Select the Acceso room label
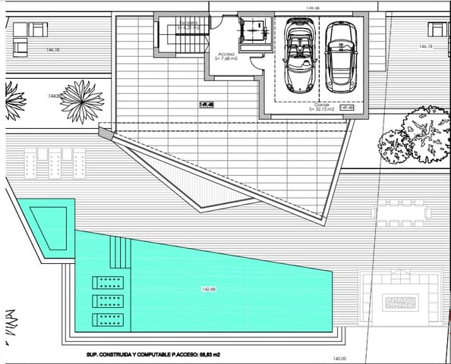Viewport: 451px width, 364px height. (x=226, y=58)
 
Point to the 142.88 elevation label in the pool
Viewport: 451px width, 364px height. (x=210, y=289)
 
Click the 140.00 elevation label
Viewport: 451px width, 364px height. (x=339, y=359)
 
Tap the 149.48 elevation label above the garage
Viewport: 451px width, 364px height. (x=311, y=8)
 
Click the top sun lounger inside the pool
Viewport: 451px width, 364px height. (x=107, y=283)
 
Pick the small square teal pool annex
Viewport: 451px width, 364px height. (x=47, y=226)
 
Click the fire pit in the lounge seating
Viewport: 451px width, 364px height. (x=399, y=304)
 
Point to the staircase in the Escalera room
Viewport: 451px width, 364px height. (x=172, y=36)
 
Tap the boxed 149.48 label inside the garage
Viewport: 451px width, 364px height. (x=347, y=108)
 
